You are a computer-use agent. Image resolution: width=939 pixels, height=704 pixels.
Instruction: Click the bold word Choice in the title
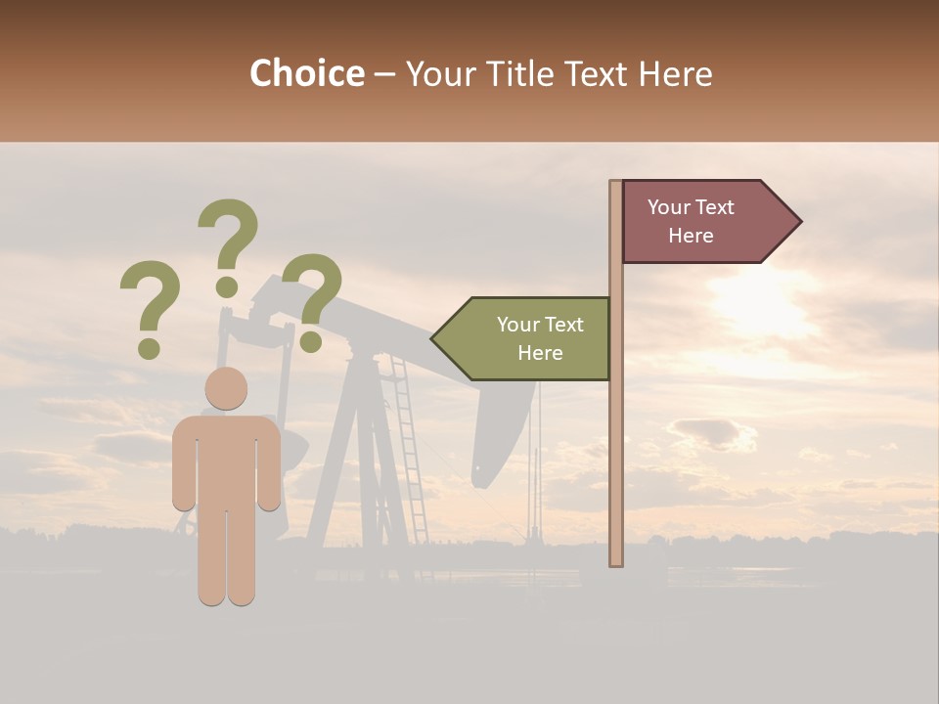(306, 73)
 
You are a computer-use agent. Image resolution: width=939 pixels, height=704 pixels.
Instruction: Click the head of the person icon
(226, 388)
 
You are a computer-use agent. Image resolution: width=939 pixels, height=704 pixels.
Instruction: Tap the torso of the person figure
(226, 460)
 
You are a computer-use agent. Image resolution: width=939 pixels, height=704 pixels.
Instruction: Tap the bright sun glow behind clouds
(763, 303)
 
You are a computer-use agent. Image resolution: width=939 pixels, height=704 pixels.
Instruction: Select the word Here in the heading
(675, 73)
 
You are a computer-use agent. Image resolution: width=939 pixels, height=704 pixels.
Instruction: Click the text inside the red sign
(691, 222)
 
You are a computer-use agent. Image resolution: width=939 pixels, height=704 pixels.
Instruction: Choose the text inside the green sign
(540, 338)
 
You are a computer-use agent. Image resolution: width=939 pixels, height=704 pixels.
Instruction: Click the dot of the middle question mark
(227, 286)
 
